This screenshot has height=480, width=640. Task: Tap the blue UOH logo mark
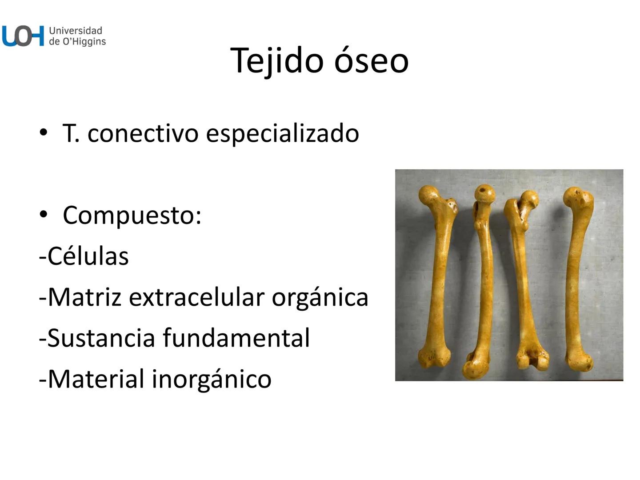tap(23, 36)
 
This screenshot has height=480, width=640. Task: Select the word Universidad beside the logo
tap(76, 31)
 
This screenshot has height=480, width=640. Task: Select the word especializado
tap(282, 133)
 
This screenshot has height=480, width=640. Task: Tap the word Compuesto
tap(132, 215)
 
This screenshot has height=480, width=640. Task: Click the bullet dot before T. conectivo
tap(43, 132)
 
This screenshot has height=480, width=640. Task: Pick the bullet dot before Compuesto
tap(43, 214)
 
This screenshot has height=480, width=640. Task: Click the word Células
tap(88, 256)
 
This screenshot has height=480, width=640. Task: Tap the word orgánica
tap(320, 297)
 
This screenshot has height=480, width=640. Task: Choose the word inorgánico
tap(212, 379)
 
